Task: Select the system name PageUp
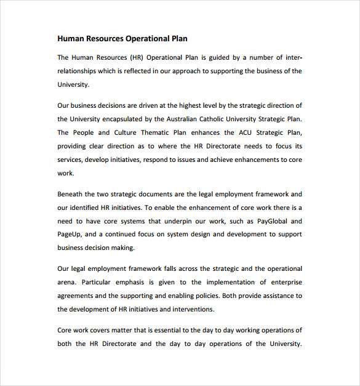69,235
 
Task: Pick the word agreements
74,296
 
